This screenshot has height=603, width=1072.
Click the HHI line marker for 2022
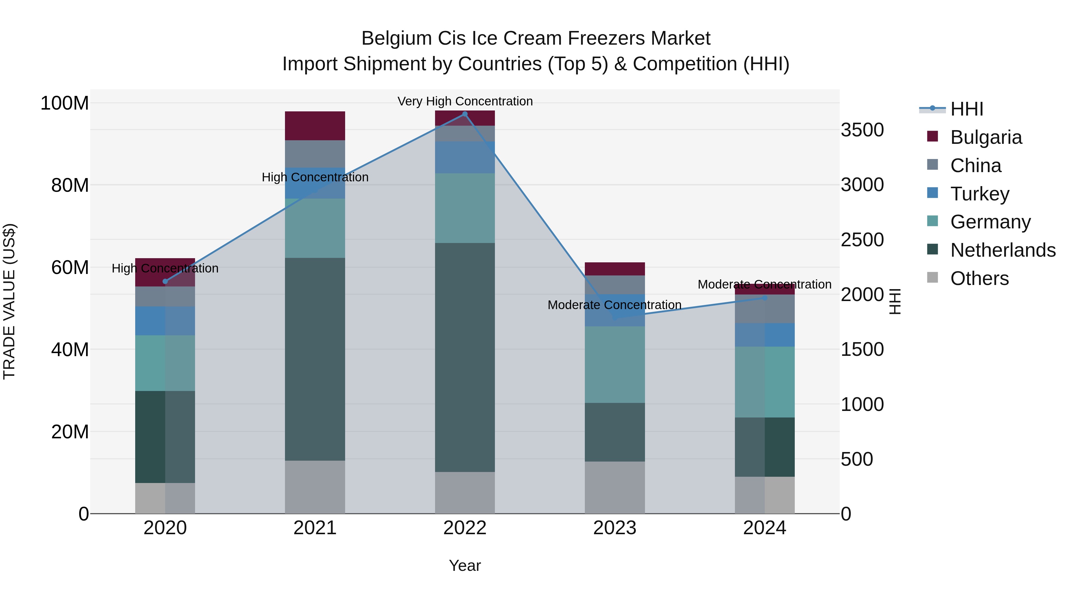(465, 114)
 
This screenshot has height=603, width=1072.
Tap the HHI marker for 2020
(165, 281)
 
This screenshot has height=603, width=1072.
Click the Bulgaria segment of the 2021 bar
(315, 126)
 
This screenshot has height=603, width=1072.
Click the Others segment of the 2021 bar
(315, 487)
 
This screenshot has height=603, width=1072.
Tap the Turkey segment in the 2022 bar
(465, 157)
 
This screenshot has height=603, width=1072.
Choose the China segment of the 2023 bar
(615, 285)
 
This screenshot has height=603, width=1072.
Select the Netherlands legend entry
(1003, 250)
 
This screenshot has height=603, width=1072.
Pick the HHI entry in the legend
(966, 109)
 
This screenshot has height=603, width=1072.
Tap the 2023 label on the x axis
(615, 528)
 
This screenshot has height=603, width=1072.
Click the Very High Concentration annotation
(465, 101)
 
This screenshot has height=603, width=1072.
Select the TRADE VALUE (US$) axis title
(9, 301)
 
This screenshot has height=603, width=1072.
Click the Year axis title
(465, 565)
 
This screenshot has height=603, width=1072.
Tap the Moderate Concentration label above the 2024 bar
(764, 284)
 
